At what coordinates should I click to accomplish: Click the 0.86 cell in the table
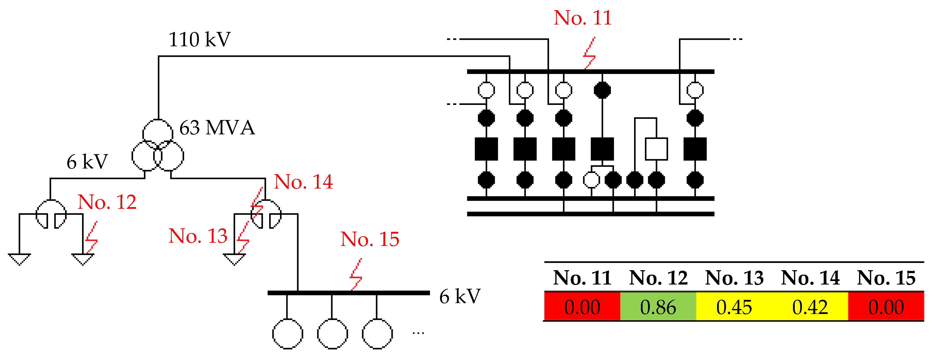tap(658, 307)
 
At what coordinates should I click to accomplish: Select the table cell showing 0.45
tap(734, 307)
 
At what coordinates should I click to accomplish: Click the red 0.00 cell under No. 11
tap(582, 307)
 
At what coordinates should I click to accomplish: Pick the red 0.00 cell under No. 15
tap(886, 307)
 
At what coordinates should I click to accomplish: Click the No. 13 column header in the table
tap(734, 278)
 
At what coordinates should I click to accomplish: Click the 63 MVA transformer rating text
tap(217, 128)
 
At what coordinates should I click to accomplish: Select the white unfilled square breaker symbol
tap(656, 149)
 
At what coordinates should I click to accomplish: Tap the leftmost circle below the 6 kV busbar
tap(287, 334)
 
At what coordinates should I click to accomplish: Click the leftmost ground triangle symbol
tap(19, 259)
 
